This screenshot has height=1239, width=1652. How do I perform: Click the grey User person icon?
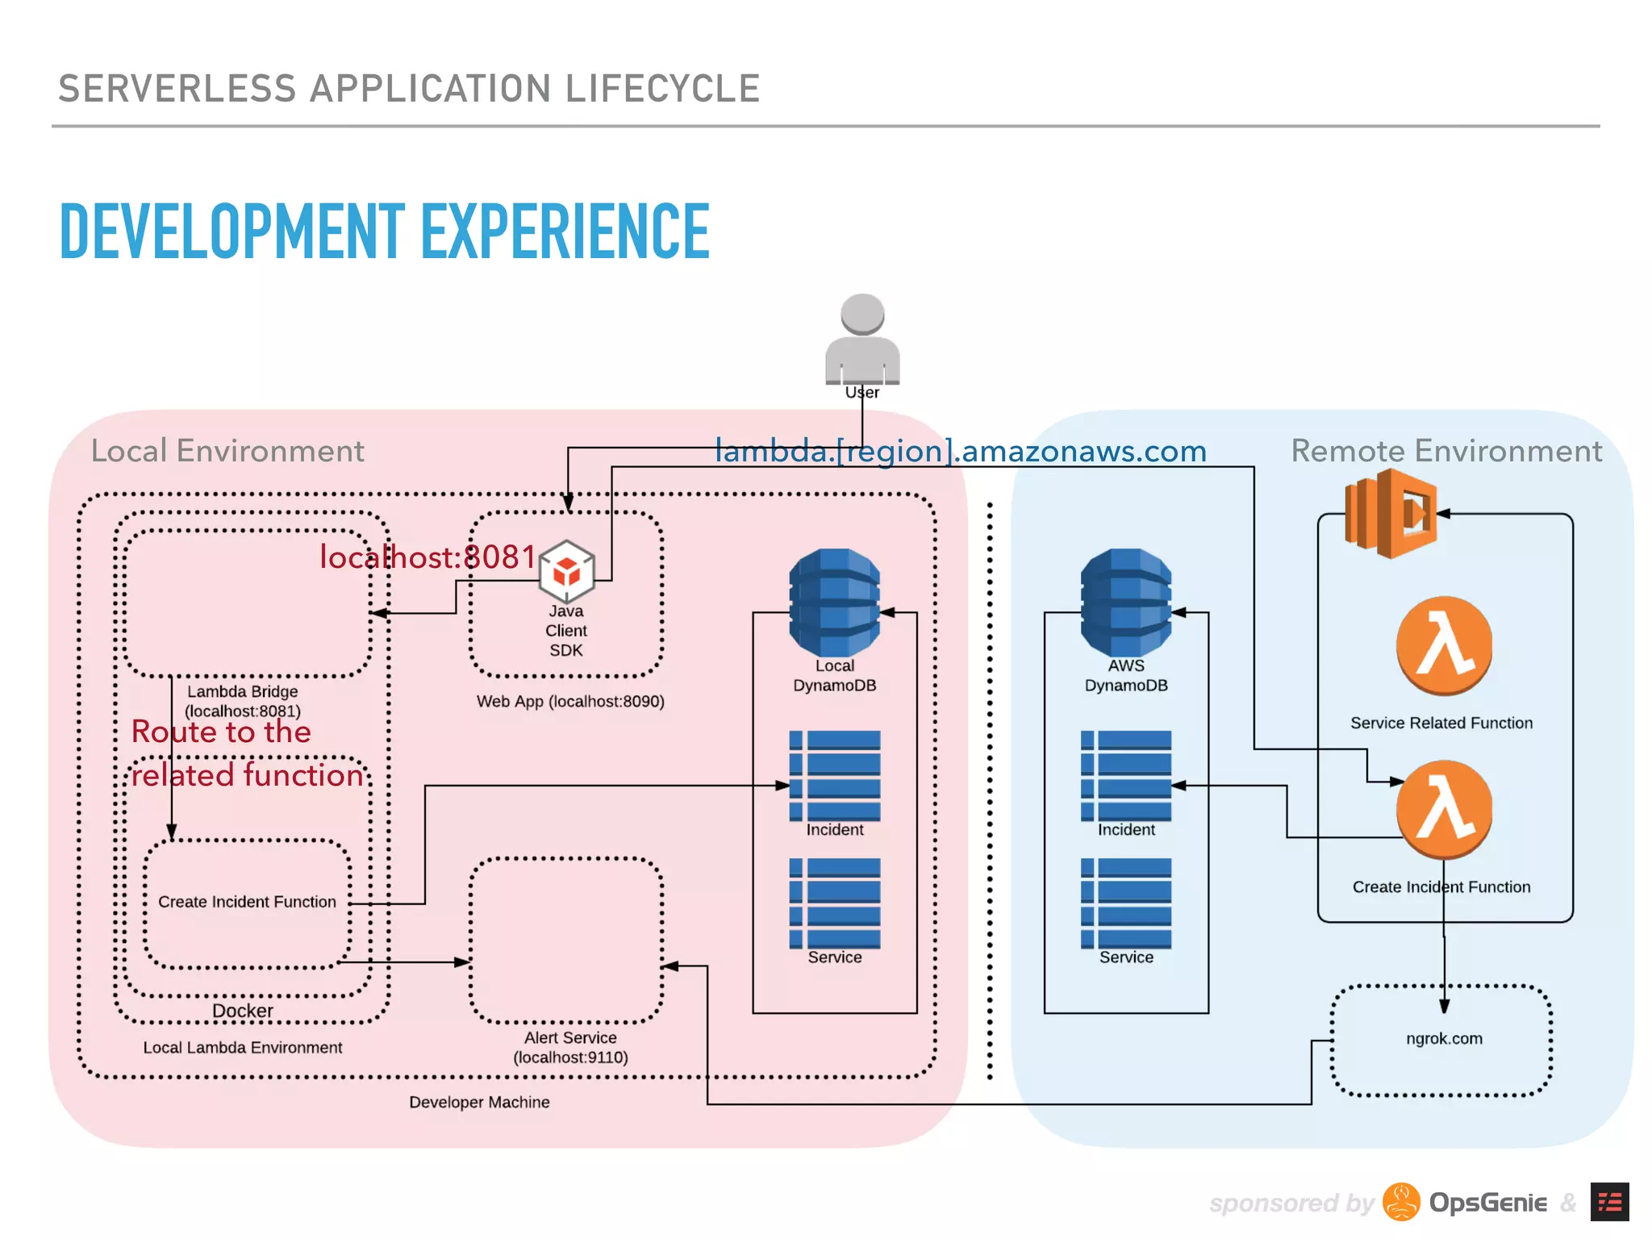pyautogui.click(x=861, y=340)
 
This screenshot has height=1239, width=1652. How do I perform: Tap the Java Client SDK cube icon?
pyautogui.click(x=566, y=569)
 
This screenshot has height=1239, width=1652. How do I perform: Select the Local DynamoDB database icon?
pyautogui.click(x=834, y=602)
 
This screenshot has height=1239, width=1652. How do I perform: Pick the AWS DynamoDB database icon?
pyautogui.click(x=1126, y=602)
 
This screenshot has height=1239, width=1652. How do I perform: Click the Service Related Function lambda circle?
pyautogui.click(x=1444, y=645)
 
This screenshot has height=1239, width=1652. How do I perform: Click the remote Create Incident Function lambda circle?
pyautogui.click(x=1444, y=809)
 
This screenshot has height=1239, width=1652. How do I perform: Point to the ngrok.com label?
pyautogui.click(x=1444, y=1038)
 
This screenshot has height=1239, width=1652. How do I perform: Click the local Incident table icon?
pyautogui.click(x=835, y=775)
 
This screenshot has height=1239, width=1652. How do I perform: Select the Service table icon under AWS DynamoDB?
pyautogui.click(x=1126, y=903)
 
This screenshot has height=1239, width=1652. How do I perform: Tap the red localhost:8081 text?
pyautogui.click(x=428, y=557)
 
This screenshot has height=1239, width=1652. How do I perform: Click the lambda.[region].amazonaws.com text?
pyautogui.click(x=960, y=451)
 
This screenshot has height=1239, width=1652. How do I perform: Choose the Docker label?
pyautogui.click(x=243, y=1011)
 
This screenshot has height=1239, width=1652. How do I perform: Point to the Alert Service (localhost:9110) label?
pyautogui.click(x=570, y=1047)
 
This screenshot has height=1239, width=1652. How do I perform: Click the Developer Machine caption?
pyautogui.click(x=479, y=1102)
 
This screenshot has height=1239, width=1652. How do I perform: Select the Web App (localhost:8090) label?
pyautogui.click(x=570, y=701)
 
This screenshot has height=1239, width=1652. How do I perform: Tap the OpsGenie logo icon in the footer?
pyautogui.click(x=1401, y=1203)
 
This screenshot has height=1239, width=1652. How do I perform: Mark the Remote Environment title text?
pyautogui.click(x=1446, y=451)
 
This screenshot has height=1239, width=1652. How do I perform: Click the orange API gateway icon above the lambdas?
pyautogui.click(x=1391, y=514)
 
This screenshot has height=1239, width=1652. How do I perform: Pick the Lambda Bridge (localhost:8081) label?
pyautogui.click(x=243, y=701)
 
